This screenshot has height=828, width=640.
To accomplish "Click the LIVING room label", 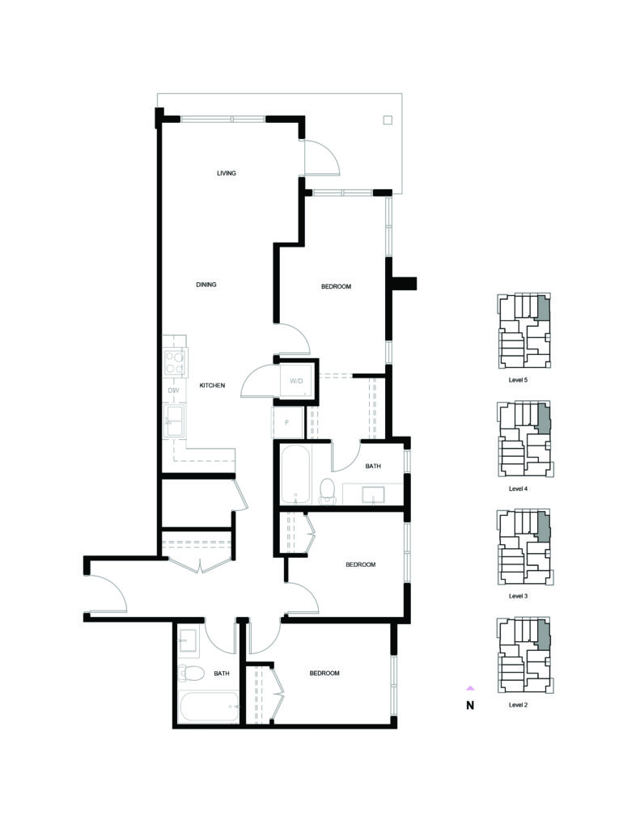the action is [227, 173].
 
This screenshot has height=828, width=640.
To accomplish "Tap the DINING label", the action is [206, 285].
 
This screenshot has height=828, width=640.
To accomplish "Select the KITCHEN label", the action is [212, 386].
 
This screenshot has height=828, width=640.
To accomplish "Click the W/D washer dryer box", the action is [296, 380].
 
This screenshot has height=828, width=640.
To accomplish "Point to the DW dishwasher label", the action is [173, 391].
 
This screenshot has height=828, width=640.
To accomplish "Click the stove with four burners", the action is [175, 362].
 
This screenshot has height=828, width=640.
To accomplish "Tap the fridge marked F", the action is [287, 422].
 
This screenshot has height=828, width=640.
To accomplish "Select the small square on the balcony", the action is [388, 120].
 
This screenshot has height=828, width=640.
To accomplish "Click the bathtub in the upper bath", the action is [295, 475].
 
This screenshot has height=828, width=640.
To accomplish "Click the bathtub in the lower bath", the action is [209, 707].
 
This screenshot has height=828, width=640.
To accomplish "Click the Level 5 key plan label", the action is [518, 380].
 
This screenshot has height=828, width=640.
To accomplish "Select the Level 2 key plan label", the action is [518, 704].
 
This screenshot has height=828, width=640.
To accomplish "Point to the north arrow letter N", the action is [470, 705].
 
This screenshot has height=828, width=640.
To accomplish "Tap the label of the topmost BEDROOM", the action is [336, 287].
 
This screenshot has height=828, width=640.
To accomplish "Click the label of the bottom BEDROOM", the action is [324, 674].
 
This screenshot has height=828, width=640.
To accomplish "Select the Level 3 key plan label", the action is [518, 596].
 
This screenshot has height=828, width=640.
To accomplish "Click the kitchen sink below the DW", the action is [174, 420].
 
